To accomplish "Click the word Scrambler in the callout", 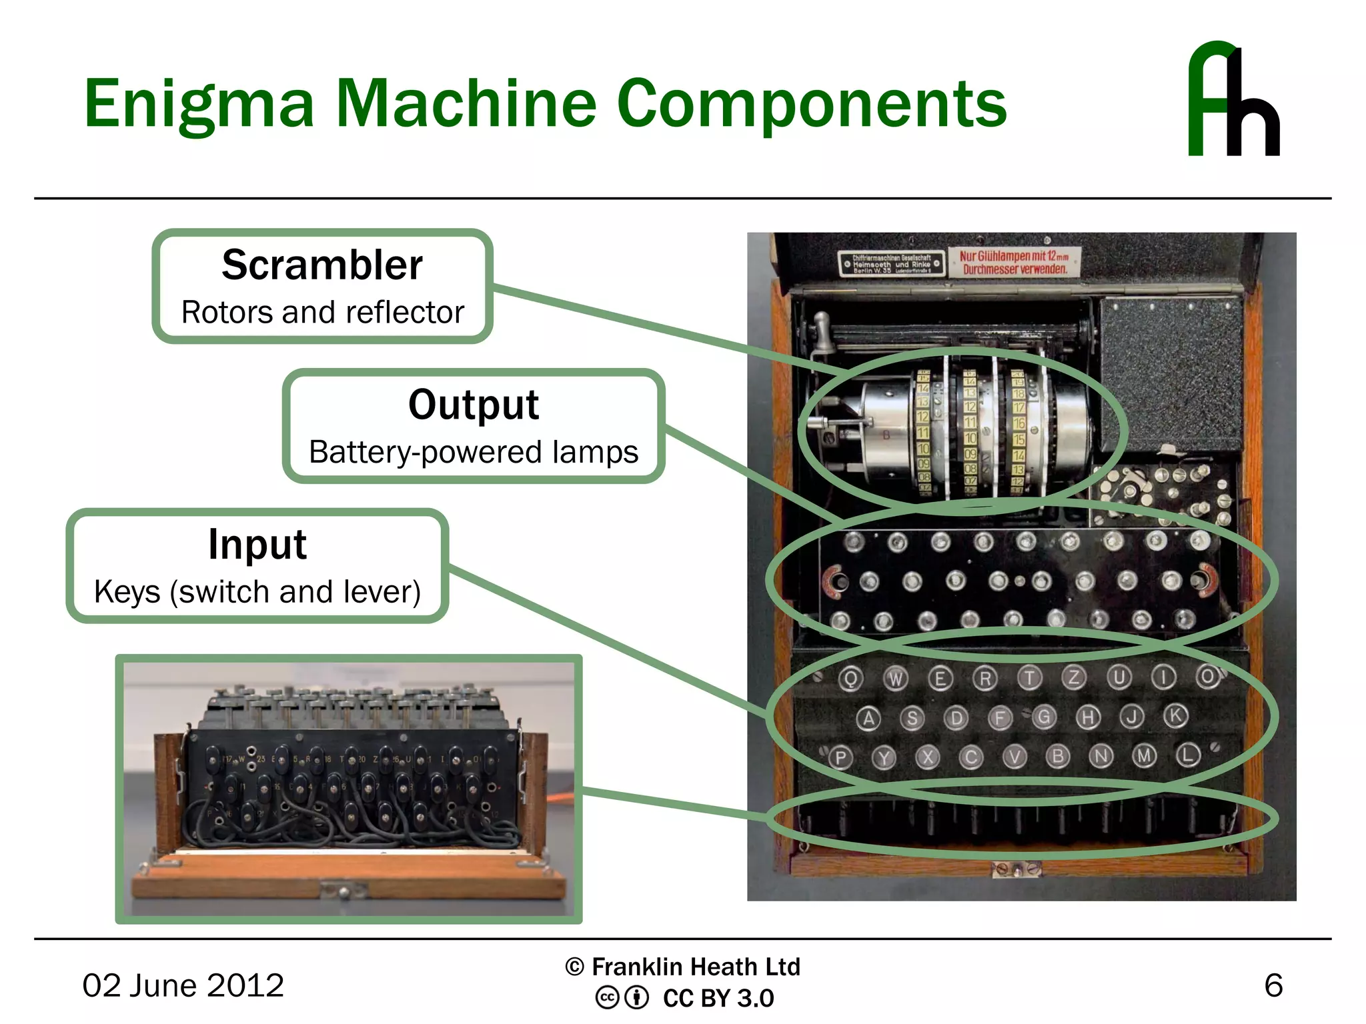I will [x=322, y=265].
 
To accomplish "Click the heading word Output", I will [x=474, y=405].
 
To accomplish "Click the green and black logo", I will [x=1234, y=100].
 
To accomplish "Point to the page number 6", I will [x=1273, y=985].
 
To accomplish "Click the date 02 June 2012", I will [x=183, y=985].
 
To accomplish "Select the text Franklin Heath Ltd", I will [x=696, y=967].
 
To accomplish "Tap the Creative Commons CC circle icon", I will [x=607, y=998].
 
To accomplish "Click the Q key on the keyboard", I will [x=850, y=679].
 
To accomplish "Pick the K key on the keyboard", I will [x=1176, y=716].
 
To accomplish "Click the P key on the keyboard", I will [x=840, y=757].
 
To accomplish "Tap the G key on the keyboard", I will [x=1044, y=717].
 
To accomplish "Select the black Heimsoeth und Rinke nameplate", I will [x=892, y=263].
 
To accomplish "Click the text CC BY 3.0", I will [x=718, y=998].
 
